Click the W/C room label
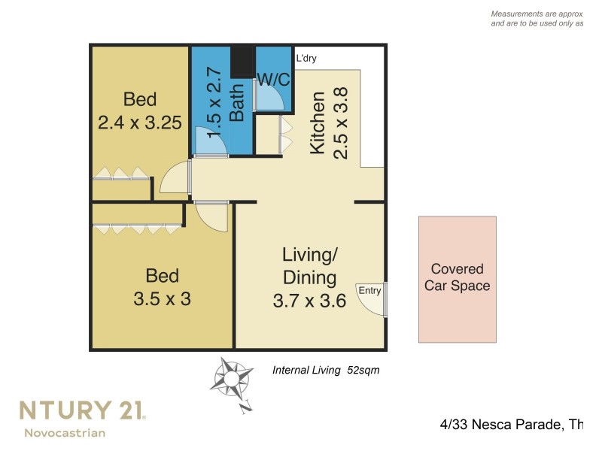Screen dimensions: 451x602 pyautogui.click(x=273, y=78)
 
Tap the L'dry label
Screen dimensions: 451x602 pyautogui.click(x=306, y=58)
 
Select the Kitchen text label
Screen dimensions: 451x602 pyautogui.click(x=318, y=123)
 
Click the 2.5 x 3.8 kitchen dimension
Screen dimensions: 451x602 pyautogui.click(x=341, y=123)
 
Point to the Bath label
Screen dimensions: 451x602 pyautogui.click(x=237, y=103)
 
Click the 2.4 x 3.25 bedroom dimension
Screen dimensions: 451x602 pyautogui.click(x=140, y=123)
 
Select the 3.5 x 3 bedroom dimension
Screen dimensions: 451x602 pyautogui.click(x=162, y=298)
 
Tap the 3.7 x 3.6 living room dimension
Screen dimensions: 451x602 pyautogui.click(x=309, y=301)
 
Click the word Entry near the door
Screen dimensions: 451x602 pyautogui.click(x=369, y=291)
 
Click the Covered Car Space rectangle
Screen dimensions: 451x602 pyautogui.click(x=458, y=279)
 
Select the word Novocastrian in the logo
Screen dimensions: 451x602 pyautogui.click(x=65, y=433)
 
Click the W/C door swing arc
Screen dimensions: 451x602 pyautogui.click(x=269, y=97)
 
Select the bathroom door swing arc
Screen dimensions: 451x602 pyautogui.click(x=210, y=142)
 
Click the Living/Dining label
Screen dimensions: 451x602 pyautogui.click(x=309, y=266)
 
